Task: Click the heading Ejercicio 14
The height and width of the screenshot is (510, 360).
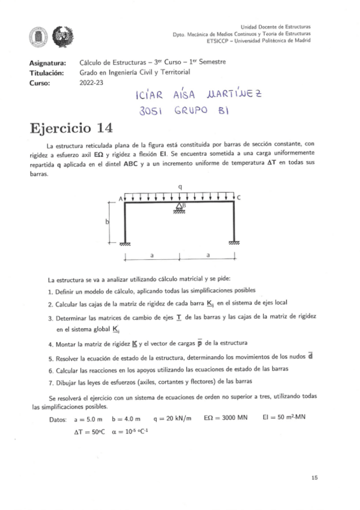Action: click(70, 129)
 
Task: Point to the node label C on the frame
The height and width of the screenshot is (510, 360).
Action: click(239, 198)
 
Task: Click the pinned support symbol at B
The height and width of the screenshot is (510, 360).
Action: click(179, 208)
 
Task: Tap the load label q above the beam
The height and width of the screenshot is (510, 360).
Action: click(180, 187)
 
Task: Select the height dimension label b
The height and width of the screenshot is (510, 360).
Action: click(108, 222)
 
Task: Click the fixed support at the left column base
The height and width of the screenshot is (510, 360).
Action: click(125, 243)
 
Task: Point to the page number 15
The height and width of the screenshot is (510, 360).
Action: click(315, 477)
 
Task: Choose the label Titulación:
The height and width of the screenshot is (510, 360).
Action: click(46, 72)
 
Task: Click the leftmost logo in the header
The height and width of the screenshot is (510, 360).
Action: click(37, 36)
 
